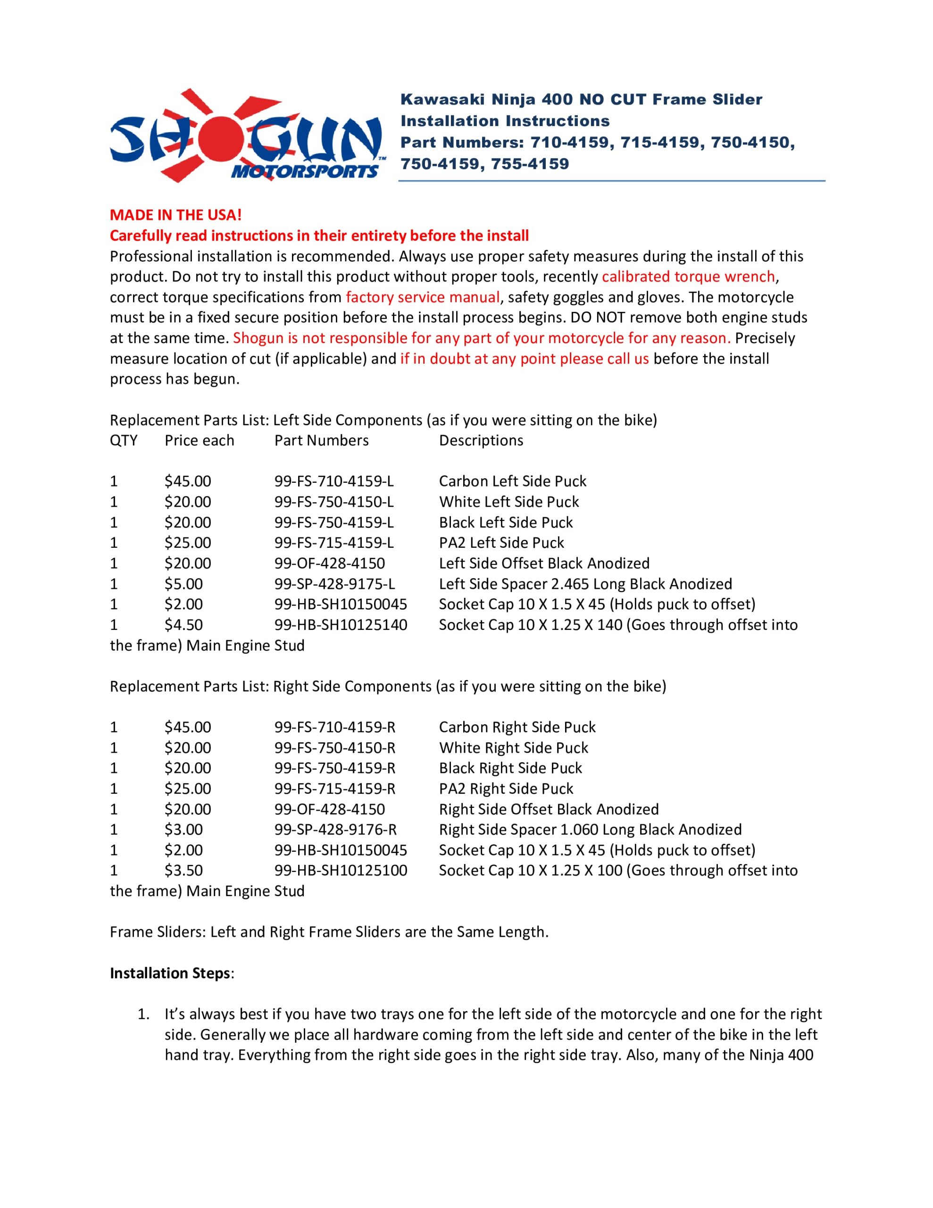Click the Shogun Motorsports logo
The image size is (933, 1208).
(x=246, y=135)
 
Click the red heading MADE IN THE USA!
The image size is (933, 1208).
(x=176, y=215)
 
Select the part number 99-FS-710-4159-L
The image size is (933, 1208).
(x=334, y=481)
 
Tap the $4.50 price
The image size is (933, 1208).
(x=183, y=625)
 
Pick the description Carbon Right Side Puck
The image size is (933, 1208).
(x=517, y=727)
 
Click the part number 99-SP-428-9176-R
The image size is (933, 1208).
(x=336, y=830)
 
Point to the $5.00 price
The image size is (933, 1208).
(x=183, y=584)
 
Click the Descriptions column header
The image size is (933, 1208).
(x=481, y=440)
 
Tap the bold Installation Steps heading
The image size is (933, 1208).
(x=170, y=973)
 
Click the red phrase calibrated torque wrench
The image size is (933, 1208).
(x=688, y=277)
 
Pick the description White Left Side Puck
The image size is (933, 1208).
(x=509, y=502)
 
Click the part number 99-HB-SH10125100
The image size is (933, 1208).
(x=341, y=871)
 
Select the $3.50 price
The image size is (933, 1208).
(x=183, y=871)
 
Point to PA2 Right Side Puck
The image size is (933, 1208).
(x=506, y=789)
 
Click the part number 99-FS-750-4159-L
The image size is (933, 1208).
(x=334, y=522)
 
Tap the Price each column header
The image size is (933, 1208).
(x=199, y=440)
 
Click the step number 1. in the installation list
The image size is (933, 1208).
(x=143, y=1015)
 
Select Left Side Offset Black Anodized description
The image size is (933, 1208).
(x=544, y=563)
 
